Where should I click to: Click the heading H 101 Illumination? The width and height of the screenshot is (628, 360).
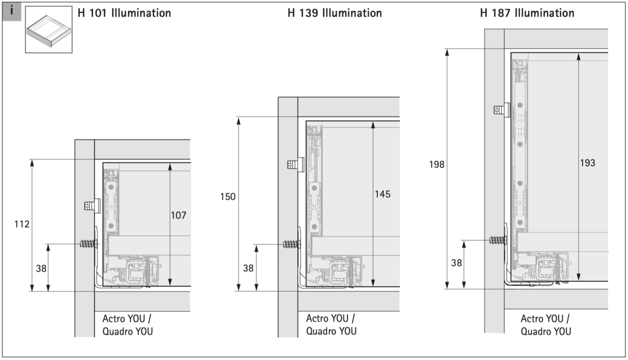click(x=124, y=13)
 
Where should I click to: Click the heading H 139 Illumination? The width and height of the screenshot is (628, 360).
click(x=334, y=13)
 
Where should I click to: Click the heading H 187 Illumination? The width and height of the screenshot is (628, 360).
click(x=527, y=13)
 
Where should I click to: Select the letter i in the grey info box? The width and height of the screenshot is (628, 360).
click(x=12, y=10)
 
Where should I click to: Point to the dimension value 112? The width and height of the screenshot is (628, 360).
click(x=21, y=224)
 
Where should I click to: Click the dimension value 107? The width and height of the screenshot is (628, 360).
click(x=178, y=215)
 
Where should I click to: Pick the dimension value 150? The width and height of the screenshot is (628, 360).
click(x=228, y=197)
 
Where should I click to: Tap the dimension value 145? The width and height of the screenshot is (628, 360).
click(x=383, y=194)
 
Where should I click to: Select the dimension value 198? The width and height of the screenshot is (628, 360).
click(x=436, y=164)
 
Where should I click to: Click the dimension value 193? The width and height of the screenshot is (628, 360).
click(x=587, y=163)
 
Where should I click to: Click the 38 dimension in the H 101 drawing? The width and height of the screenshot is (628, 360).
click(x=41, y=268)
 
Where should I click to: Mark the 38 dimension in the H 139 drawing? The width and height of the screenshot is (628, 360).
click(x=249, y=268)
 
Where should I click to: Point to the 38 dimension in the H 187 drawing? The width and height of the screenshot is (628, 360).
click(x=456, y=263)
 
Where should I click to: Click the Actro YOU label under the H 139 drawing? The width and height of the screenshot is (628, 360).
click(x=330, y=318)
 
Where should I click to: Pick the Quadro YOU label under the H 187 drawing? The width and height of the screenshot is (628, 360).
click(x=546, y=331)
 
